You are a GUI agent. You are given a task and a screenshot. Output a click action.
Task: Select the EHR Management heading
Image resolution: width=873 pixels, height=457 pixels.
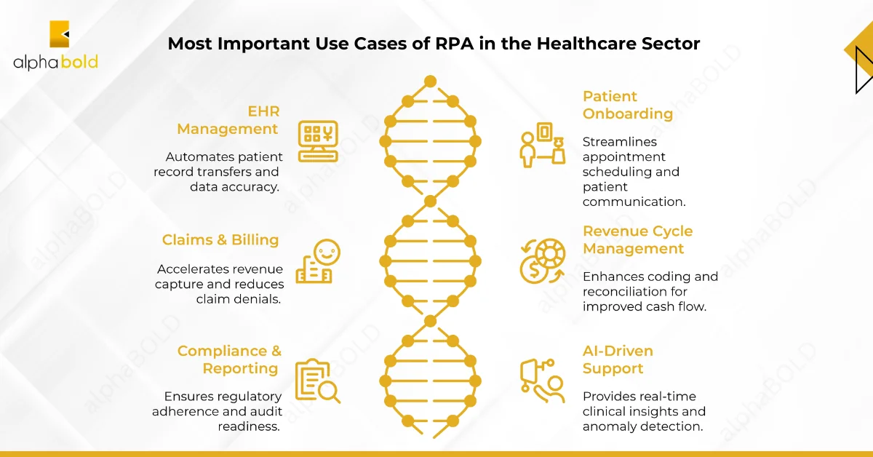[228, 120]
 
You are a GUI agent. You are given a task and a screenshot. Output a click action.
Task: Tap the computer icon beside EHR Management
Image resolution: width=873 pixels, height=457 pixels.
[318, 140]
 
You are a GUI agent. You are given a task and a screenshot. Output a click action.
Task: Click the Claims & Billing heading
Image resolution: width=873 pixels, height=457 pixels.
[220, 240]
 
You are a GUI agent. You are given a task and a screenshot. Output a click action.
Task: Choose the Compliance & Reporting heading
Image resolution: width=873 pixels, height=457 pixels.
[229, 359]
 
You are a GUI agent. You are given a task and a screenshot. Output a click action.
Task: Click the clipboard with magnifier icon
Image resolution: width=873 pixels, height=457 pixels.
[317, 381]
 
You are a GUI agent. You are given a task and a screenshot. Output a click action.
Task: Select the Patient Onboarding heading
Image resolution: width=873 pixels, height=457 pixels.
[627, 105]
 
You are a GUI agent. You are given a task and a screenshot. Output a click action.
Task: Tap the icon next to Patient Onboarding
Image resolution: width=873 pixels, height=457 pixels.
[542, 144]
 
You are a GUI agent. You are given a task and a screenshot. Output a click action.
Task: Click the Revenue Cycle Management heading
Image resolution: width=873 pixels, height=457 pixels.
[637, 240]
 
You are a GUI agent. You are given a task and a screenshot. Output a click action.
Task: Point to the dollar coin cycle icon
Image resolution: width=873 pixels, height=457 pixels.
[542, 261]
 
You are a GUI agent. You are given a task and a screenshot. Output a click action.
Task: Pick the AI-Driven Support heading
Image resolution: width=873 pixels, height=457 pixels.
[618, 359]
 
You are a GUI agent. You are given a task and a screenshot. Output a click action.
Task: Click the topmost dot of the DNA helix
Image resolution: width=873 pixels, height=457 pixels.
[430, 80]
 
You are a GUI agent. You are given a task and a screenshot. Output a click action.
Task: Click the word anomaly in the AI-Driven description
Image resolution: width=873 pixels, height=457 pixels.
[607, 426]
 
